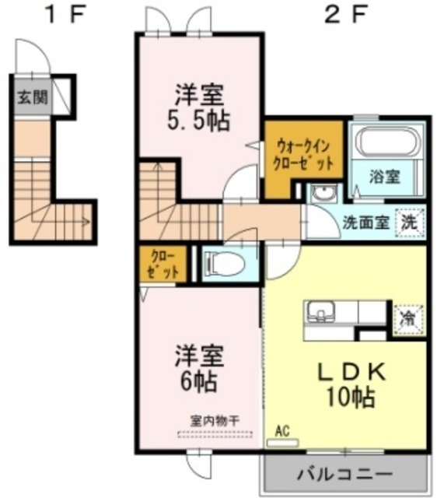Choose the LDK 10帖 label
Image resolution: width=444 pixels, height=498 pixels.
point(347,384)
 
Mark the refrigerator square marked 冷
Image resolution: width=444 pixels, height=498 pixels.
point(407,318)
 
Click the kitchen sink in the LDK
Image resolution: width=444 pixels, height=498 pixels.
point(319,313)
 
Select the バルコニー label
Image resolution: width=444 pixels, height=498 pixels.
point(344,473)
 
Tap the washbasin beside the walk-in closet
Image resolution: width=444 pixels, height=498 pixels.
point(320,194)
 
